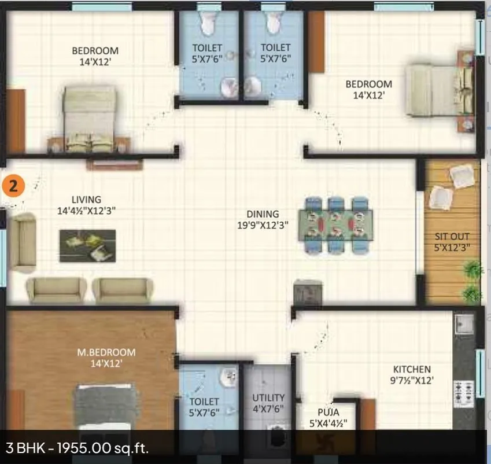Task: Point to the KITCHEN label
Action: tap(412, 369)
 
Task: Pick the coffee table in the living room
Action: tap(87, 245)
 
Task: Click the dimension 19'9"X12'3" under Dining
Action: tap(263, 225)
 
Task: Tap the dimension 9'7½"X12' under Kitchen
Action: tap(412, 381)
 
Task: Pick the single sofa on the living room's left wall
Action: tap(21, 242)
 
